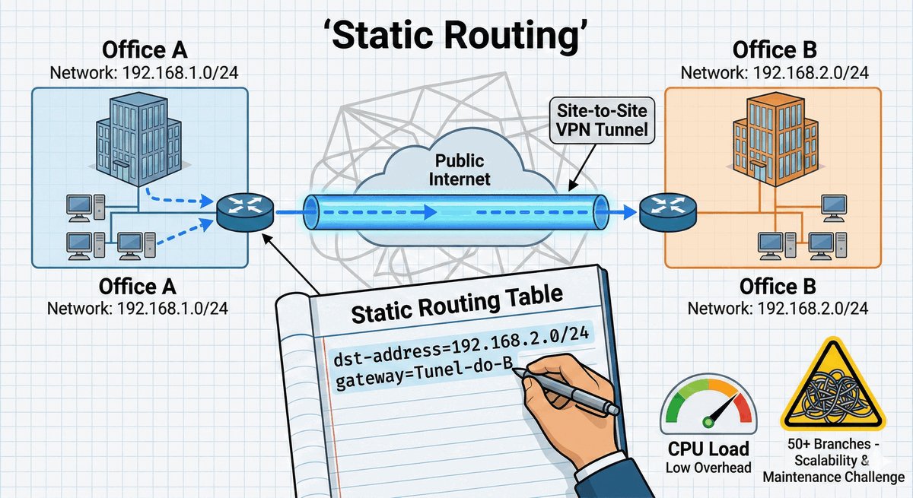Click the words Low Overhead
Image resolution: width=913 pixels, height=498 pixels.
708,467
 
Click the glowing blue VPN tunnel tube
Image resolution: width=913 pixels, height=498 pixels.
455,212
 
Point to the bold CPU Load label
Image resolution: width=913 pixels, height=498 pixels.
708,449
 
